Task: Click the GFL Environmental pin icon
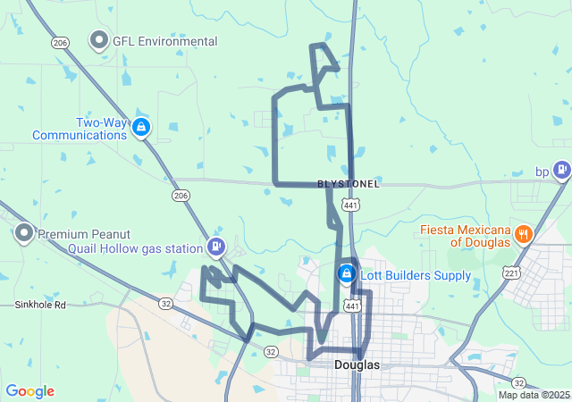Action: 98,40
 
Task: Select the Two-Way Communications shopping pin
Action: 140,128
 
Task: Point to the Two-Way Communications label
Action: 80,129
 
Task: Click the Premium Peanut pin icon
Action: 24,234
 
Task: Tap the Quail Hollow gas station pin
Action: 215,247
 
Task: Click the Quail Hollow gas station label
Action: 134,248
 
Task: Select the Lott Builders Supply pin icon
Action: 346,273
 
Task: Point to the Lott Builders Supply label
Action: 416,275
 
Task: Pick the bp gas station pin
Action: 561,168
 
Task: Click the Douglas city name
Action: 357,365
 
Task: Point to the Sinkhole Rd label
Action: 40,305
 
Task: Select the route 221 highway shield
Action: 511,272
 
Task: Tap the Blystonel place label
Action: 349,184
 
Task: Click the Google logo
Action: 30,391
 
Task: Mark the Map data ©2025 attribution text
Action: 534,395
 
